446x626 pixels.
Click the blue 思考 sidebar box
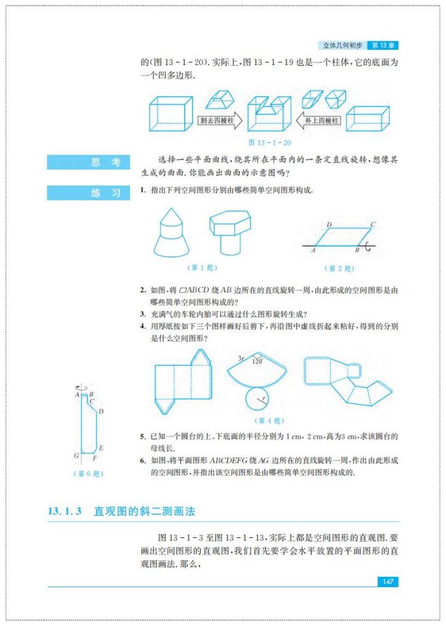click(88, 163)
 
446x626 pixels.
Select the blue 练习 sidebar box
click(88, 193)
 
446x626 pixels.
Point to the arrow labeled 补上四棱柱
click(320, 119)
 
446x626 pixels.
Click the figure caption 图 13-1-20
click(269, 142)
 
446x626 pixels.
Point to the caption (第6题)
click(89, 473)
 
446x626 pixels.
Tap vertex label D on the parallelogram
click(328, 225)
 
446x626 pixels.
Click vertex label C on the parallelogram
click(372, 225)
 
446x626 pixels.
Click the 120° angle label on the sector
click(258, 361)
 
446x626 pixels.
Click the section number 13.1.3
click(65, 512)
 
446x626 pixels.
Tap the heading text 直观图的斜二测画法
click(144, 512)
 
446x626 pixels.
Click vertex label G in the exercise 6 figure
click(76, 456)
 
